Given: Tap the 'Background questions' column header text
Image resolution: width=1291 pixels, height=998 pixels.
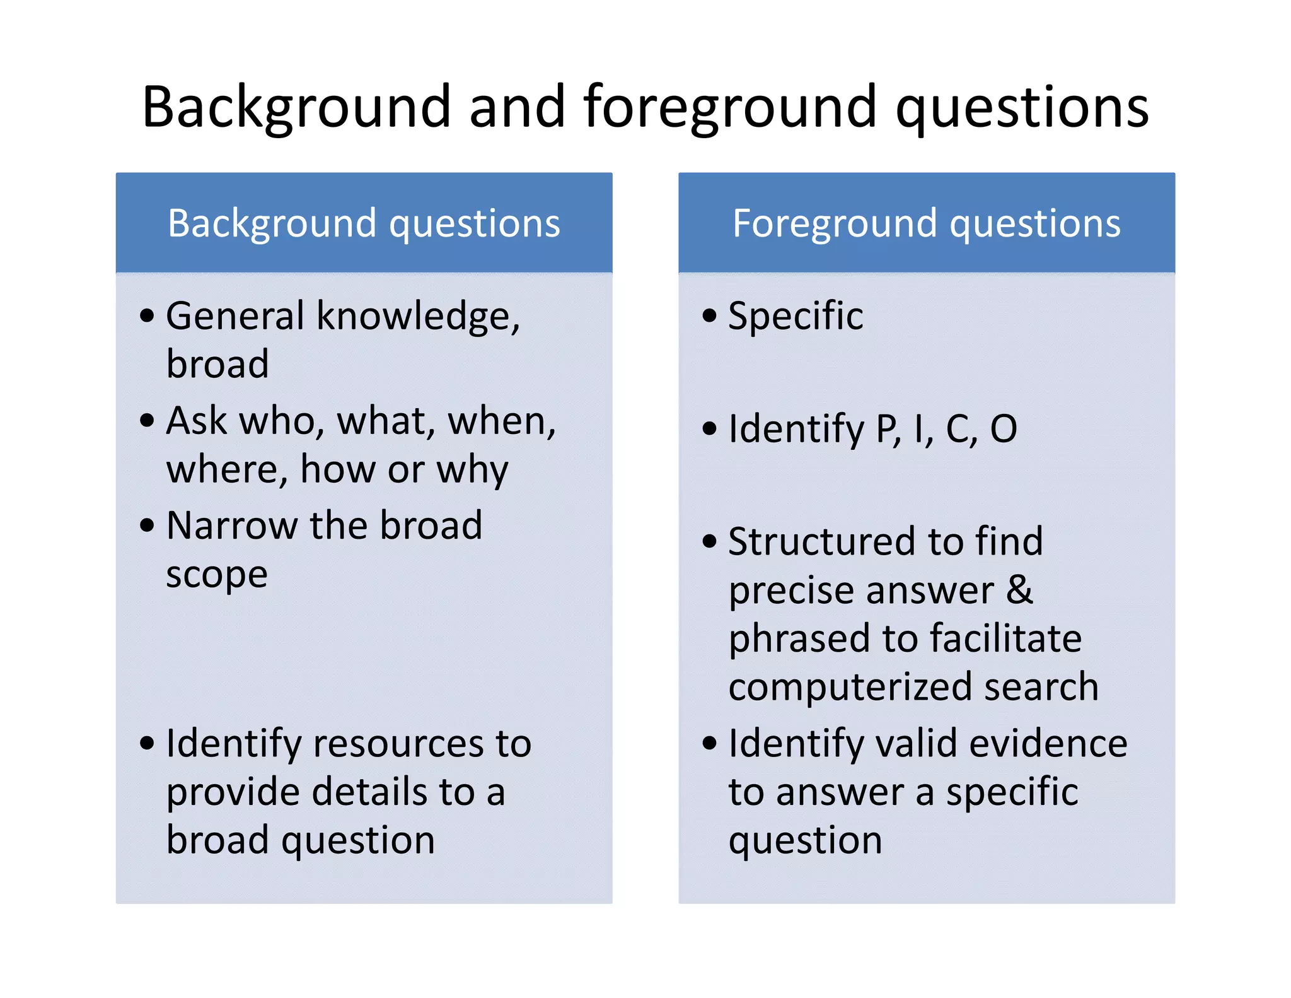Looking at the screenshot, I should (364, 223).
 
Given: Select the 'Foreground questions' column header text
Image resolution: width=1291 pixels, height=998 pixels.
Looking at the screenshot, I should (926, 223).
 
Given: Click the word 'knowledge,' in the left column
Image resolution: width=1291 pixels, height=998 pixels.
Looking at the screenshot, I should (418, 316).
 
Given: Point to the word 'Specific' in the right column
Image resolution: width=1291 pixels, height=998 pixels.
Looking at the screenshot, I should (796, 316).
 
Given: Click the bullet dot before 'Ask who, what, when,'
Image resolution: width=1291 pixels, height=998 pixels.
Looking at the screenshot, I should (147, 420).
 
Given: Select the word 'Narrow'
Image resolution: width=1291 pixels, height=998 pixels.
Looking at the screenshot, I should (231, 525).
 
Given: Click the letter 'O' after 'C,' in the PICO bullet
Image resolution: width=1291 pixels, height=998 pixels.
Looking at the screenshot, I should (1004, 429).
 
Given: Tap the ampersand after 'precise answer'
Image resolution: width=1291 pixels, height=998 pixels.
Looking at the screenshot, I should (1019, 590).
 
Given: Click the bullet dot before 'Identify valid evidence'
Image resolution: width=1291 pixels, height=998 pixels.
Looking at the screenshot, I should (710, 743).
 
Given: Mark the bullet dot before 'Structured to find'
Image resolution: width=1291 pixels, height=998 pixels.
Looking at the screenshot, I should (710, 541).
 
